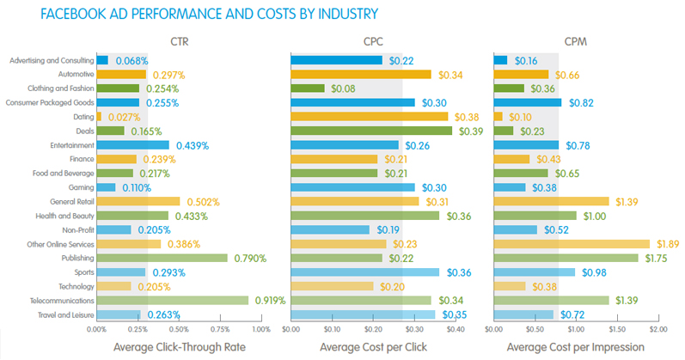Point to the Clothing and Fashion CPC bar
click(308, 88)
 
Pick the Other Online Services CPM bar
click(572, 244)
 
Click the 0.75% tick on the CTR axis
click(220, 329)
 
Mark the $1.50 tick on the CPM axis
click(617, 329)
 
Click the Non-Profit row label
click(75, 229)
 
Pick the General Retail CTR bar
click(138, 202)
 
